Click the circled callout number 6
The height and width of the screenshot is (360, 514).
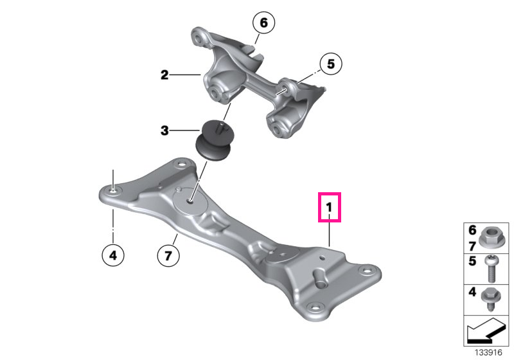click(263, 22)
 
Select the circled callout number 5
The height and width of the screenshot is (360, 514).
click(330, 64)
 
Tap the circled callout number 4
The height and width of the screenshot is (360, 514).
click(113, 255)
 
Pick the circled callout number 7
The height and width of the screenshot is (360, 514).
click(168, 255)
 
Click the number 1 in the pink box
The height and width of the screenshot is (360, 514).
click(329, 207)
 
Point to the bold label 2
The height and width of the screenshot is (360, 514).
click(164, 75)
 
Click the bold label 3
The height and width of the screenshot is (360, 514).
click(164, 130)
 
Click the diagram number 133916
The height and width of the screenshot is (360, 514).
click(488, 352)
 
